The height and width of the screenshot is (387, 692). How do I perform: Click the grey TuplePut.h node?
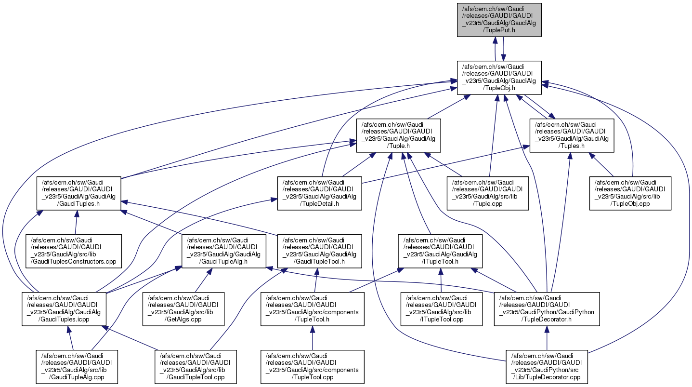[499, 19]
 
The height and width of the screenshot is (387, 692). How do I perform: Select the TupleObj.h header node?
[499, 77]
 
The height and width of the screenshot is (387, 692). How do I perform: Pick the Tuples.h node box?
[572, 135]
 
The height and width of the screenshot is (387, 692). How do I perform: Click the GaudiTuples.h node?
[79, 193]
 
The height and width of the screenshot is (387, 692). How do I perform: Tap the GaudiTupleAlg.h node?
[223, 251]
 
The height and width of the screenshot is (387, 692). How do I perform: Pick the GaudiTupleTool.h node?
[319, 251]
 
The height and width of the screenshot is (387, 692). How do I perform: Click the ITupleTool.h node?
[440, 251]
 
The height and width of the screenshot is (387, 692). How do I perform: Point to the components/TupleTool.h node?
[313, 309]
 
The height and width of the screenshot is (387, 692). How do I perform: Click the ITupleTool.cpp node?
[441, 309]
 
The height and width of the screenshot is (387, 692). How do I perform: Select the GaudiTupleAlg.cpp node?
[77, 367]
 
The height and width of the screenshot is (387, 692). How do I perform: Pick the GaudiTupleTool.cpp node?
[196, 367]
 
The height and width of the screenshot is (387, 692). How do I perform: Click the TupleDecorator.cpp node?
[547, 367]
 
